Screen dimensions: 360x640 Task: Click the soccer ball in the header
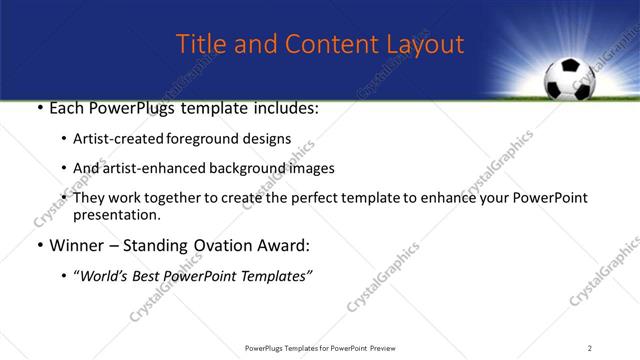pyautogui.click(x=567, y=79)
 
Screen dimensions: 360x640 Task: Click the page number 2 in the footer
pyautogui.click(x=590, y=347)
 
